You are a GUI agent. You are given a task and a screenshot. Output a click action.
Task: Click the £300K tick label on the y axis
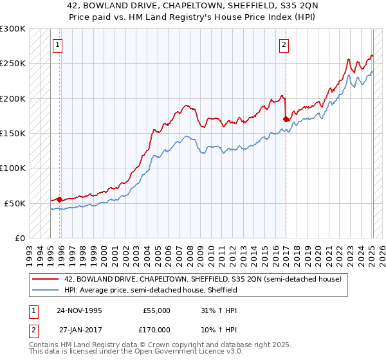click(13, 29)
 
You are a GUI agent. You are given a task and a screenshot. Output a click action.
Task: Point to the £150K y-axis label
click(13, 134)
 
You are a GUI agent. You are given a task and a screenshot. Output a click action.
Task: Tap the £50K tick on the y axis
click(15, 203)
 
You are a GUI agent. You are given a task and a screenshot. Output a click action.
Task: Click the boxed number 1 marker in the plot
click(59, 45)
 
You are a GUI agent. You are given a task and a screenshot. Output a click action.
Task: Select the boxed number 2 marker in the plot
click(284, 45)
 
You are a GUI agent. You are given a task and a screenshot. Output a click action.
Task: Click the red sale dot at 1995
click(59, 199)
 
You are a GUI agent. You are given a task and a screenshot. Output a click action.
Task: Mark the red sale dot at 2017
click(285, 119)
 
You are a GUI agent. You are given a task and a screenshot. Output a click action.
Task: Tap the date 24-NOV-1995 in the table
click(79, 310)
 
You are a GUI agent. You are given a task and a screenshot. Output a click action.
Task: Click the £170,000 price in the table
click(156, 328)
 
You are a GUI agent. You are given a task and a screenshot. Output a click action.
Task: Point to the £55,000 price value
click(156, 310)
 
